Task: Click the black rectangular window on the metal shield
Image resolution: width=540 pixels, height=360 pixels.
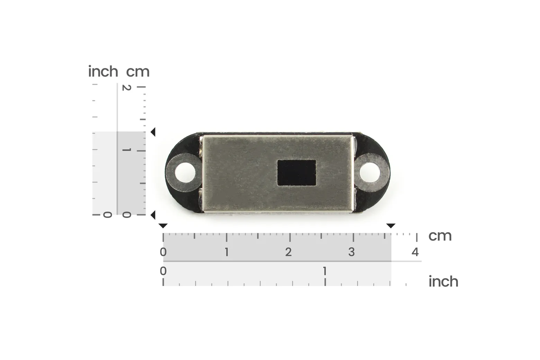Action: pyautogui.click(x=297, y=173)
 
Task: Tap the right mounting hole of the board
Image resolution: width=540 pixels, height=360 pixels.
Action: pyautogui.click(x=370, y=173)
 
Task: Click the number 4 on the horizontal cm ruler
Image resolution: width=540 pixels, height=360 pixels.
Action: pyautogui.click(x=415, y=252)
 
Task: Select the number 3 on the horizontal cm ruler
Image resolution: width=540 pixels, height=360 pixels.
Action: pyautogui.click(x=351, y=252)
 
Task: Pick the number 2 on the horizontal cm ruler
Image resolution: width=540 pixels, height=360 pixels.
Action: pyautogui.click(x=288, y=252)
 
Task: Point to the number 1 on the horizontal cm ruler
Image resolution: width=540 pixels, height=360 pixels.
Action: pyautogui.click(x=226, y=252)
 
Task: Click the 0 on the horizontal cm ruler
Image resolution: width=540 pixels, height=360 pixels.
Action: pyautogui.click(x=163, y=252)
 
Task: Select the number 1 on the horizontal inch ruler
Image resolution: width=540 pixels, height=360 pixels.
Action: pyautogui.click(x=325, y=271)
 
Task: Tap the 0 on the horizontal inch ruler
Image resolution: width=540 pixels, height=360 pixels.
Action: pyautogui.click(x=163, y=271)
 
